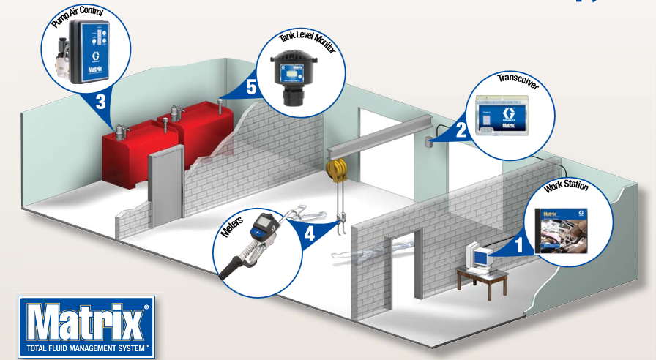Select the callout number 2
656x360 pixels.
click(x=461, y=131)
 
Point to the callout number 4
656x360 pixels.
click(x=310, y=236)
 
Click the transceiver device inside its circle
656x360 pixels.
click(x=507, y=116)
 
